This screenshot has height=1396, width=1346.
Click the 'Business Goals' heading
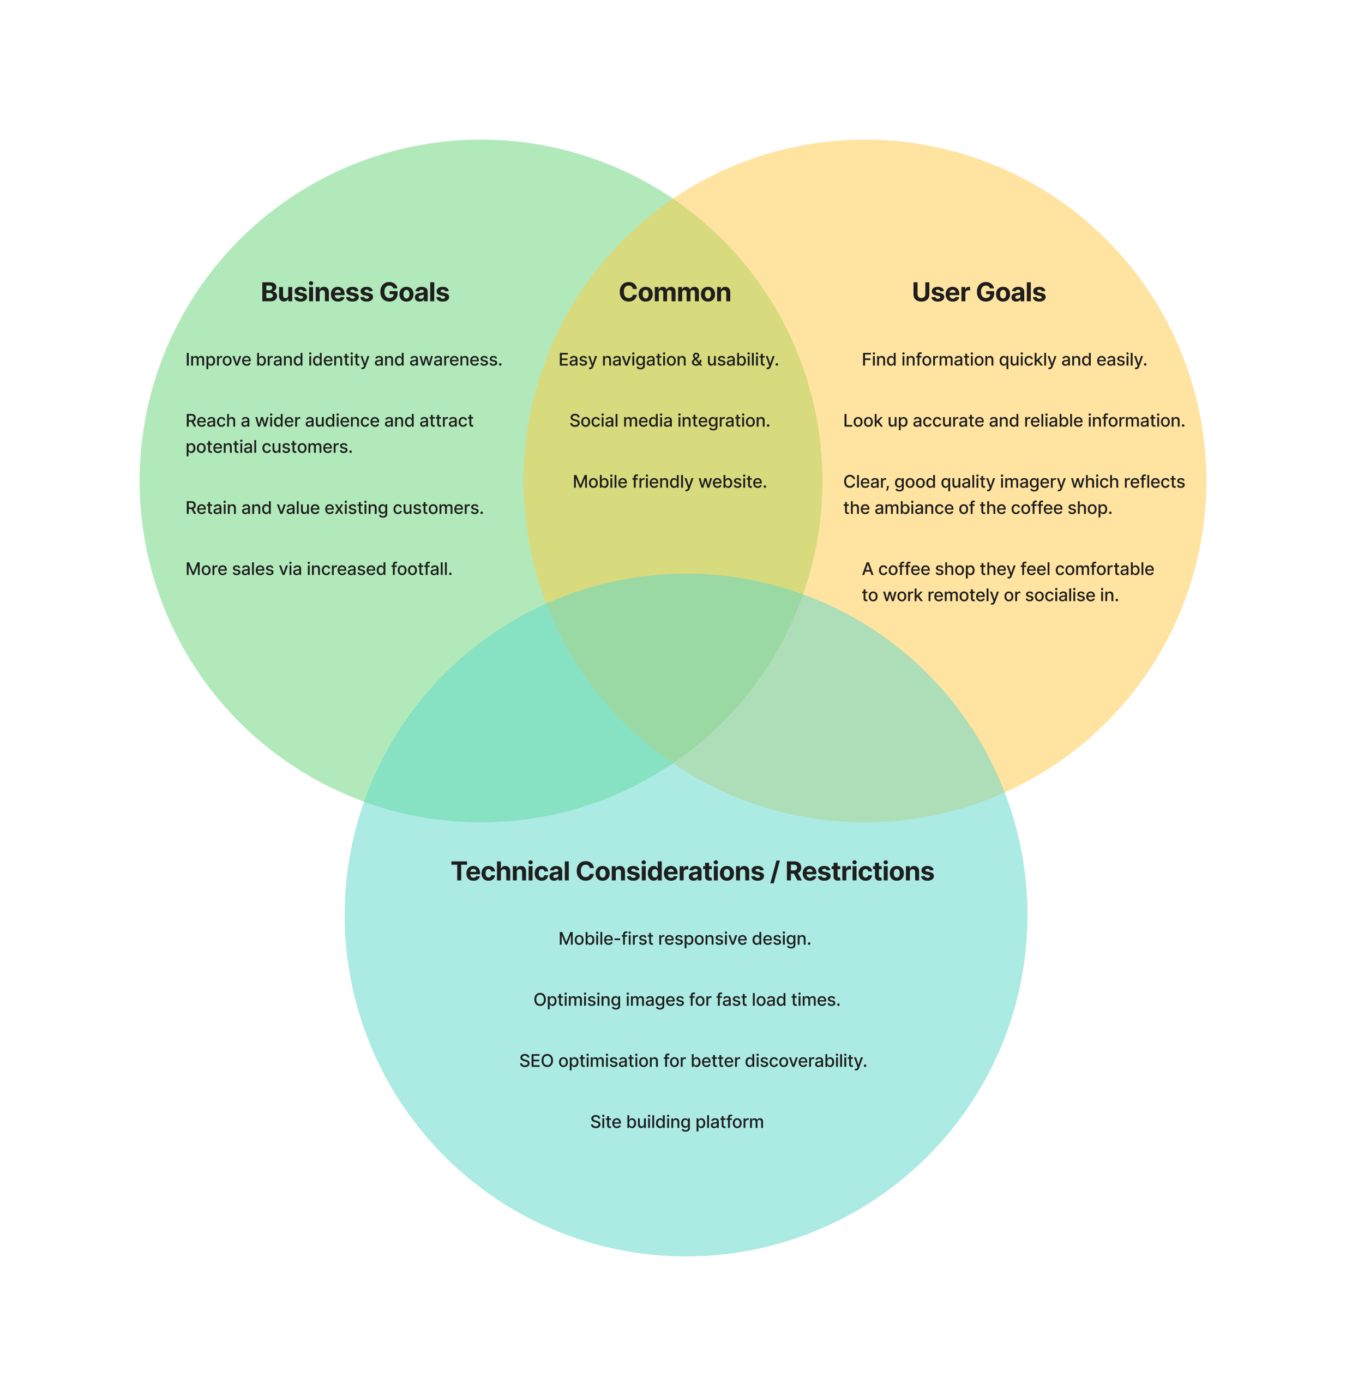click(354, 293)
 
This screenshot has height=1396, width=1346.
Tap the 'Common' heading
click(675, 293)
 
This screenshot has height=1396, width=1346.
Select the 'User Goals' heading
click(978, 293)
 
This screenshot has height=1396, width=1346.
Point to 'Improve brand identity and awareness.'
click(343, 360)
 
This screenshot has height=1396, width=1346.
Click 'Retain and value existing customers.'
click(334, 508)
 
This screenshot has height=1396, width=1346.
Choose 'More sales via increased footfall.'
click(319, 569)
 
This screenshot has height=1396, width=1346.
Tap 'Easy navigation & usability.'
click(668, 360)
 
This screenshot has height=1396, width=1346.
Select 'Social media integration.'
click(669, 421)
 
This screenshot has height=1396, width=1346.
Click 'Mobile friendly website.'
click(669, 482)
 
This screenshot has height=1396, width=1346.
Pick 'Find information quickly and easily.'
click(1004, 360)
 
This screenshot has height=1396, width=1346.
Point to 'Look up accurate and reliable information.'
click(1013, 421)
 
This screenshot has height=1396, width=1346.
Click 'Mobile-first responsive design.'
click(684, 938)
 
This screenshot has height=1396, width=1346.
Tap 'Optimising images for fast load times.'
click(687, 1000)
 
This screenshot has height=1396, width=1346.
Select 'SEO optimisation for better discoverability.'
click(692, 1061)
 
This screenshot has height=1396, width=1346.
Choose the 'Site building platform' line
click(677, 1122)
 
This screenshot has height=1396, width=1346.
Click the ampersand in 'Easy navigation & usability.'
click(696, 360)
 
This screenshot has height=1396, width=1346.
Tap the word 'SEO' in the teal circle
click(536, 1061)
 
